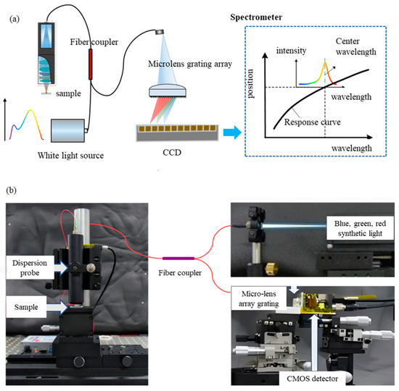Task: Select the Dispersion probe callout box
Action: click(30, 267)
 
